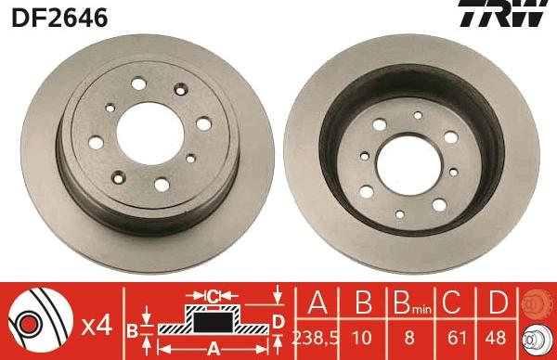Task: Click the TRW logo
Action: point(512,16)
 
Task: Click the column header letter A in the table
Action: point(317,303)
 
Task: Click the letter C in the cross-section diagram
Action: point(213,296)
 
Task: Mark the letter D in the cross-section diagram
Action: point(276,321)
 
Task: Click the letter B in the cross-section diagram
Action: point(133,328)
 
